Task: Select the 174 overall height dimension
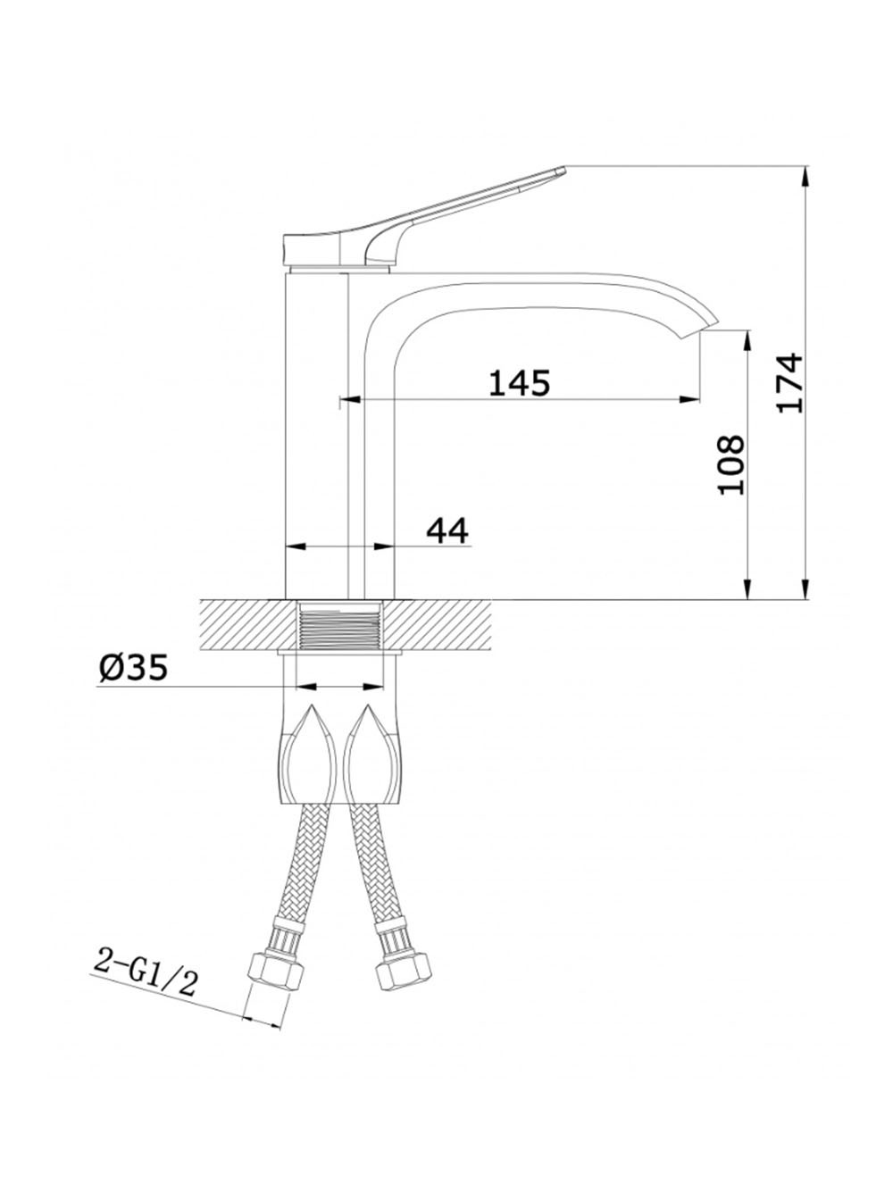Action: [x=789, y=382]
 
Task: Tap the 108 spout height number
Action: [x=731, y=464]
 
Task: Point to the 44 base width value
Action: [x=446, y=530]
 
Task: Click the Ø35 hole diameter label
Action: [x=133, y=667]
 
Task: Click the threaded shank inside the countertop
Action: [x=339, y=627]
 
